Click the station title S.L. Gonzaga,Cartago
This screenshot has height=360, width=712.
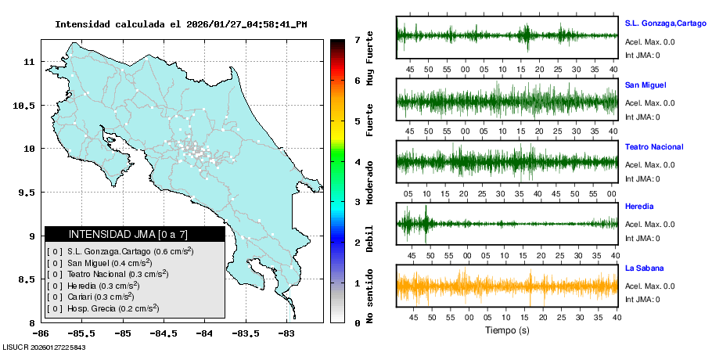click(x=665, y=23)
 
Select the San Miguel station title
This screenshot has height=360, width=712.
click(x=645, y=85)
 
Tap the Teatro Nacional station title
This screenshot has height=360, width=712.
click(x=654, y=147)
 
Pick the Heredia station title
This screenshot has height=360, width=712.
click(x=640, y=207)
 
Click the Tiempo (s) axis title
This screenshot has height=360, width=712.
click(x=507, y=330)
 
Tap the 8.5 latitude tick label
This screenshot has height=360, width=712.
click(x=27, y=279)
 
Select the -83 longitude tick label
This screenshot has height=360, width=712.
click(x=286, y=333)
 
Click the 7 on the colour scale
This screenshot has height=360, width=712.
click(x=357, y=39)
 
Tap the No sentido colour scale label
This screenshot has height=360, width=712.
click(x=370, y=296)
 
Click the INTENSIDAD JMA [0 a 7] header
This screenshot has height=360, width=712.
click(x=134, y=234)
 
